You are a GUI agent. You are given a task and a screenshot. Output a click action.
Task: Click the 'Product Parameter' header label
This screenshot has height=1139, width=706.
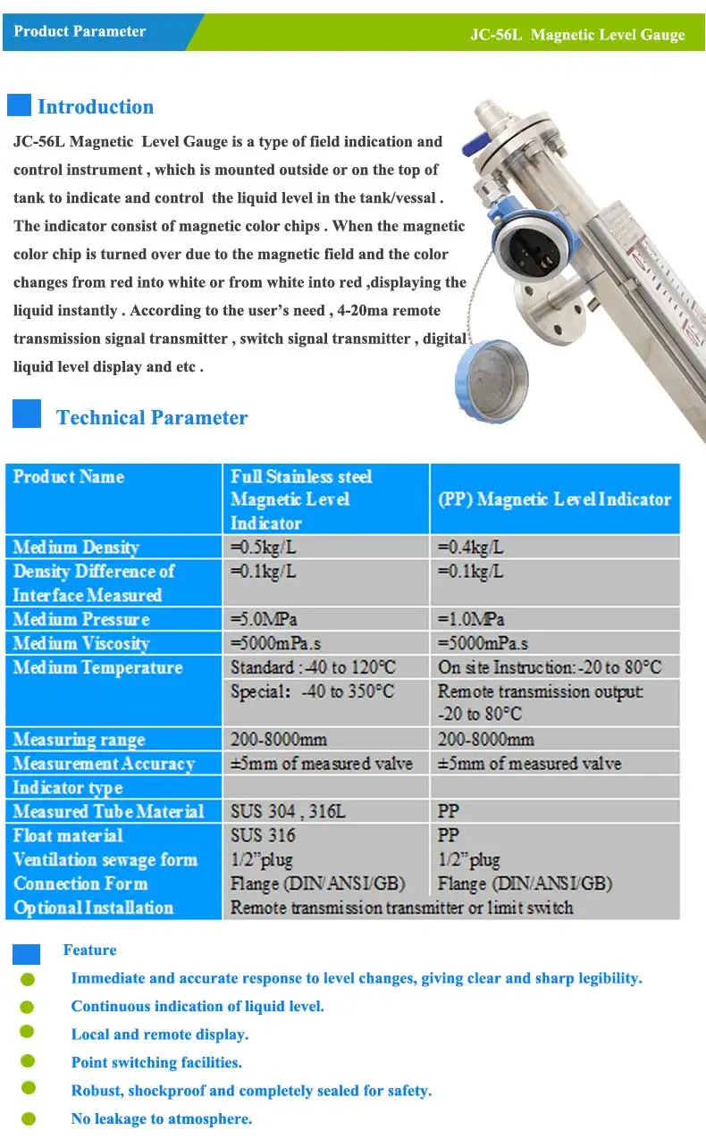point(80,31)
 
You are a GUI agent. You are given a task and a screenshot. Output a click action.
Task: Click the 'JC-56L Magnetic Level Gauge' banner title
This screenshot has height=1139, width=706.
point(577,35)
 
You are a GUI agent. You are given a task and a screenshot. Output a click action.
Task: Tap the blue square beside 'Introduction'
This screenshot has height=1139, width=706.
point(19,105)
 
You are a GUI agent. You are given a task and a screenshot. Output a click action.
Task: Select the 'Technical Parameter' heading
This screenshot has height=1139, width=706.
point(152,417)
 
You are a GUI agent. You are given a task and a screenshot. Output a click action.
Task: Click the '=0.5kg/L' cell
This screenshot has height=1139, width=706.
point(264,547)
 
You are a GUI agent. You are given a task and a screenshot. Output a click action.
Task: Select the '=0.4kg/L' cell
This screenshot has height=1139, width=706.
point(470,547)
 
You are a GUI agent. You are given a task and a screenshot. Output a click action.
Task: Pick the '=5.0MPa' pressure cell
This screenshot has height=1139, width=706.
point(265,619)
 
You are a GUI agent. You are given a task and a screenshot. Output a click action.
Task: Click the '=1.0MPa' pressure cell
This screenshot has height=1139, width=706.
point(471,619)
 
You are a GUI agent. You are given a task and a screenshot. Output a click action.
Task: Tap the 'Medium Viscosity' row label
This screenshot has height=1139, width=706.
point(81,643)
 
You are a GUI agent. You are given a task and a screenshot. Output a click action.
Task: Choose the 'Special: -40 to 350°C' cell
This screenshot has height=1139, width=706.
point(312,691)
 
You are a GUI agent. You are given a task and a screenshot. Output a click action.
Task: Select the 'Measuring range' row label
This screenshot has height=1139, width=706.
point(79,740)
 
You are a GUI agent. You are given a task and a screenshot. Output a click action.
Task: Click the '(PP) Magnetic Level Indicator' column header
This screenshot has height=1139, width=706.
point(554,499)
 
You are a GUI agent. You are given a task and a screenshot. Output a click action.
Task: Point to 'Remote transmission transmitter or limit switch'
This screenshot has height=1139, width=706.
point(401,908)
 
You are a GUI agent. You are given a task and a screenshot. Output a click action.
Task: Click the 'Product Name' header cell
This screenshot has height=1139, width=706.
point(69,476)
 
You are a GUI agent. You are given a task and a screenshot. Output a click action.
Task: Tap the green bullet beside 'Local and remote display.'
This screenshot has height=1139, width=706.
point(28,1032)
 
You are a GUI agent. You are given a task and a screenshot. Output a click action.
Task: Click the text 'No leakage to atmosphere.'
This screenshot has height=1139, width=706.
point(162,1118)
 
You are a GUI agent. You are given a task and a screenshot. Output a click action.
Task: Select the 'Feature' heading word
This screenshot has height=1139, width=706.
point(89,950)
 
